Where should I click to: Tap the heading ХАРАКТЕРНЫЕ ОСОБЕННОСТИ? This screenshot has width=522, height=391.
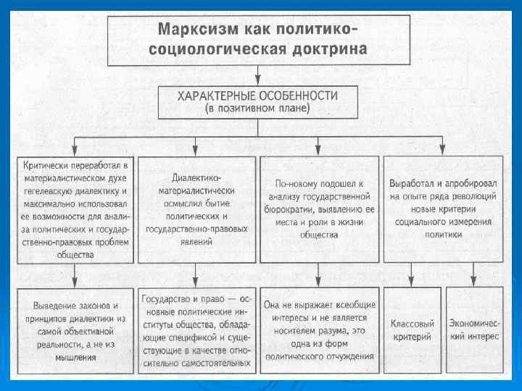(258, 96)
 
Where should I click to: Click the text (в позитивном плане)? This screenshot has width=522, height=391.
(258, 109)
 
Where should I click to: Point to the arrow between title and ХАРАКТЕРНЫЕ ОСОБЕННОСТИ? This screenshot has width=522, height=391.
(258, 75)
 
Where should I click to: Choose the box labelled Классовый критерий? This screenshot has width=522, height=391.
(411, 329)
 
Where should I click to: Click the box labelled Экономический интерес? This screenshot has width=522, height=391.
(473, 329)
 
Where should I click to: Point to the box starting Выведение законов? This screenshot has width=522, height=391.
(75, 329)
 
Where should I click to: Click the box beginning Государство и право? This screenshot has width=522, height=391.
(196, 329)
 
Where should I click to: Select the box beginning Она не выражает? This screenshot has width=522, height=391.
(319, 329)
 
